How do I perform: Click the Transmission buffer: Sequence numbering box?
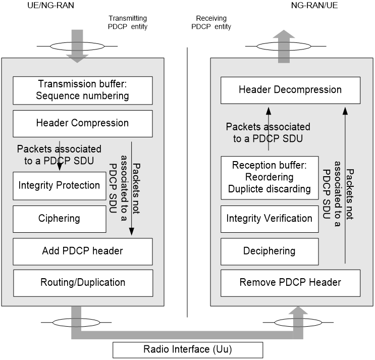point(82,90)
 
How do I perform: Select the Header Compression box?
point(82,123)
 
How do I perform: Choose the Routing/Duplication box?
point(82,283)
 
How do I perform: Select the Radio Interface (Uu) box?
point(188,349)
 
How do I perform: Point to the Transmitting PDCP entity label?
point(128,22)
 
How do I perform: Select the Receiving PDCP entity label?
point(211,22)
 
